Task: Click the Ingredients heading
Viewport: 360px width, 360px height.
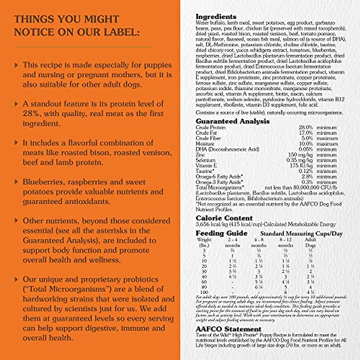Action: (216, 16)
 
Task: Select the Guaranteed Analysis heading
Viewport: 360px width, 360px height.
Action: (232, 121)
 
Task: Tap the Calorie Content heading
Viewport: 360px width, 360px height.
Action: (224, 218)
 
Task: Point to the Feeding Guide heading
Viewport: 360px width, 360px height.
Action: (221, 233)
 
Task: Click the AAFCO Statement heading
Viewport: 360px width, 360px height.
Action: (228, 329)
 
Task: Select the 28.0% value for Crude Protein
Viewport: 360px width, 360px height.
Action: (305, 127)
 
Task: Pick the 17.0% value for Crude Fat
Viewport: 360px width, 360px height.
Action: (305, 133)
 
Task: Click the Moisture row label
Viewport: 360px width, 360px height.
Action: (205, 144)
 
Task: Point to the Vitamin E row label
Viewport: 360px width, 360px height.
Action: (206, 166)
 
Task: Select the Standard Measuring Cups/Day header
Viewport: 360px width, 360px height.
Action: (301, 234)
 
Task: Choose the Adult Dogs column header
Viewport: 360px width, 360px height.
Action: (310, 242)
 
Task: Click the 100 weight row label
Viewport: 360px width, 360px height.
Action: (204, 292)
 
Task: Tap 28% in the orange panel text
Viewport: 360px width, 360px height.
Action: (30, 114)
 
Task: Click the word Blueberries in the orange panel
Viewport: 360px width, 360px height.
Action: (43, 182)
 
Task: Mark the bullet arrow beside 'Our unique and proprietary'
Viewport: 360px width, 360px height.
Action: (16, 279)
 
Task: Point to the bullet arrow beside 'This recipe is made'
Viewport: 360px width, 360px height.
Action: (16, 65)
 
